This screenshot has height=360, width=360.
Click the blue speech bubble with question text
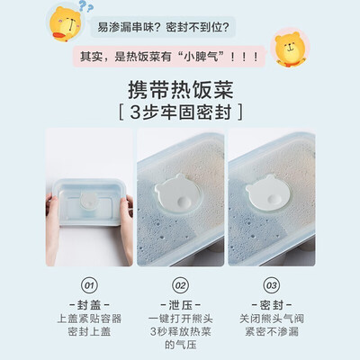tap(167, 27)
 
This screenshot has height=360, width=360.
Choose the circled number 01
tap(89, 286)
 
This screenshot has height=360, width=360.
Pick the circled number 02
tap(179, 286)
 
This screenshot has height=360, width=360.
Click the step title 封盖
tap(88, 303)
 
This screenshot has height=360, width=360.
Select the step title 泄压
tap(179, 303)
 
